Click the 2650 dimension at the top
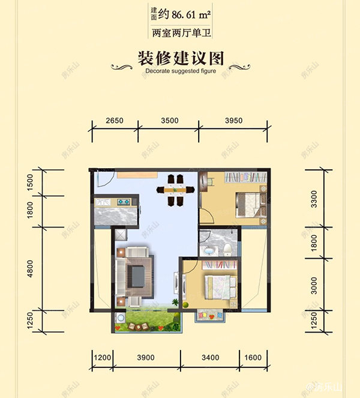click(114, 121)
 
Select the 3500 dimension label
click(170, 121)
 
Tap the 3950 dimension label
click(233, 121)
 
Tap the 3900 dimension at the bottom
click(145, 358)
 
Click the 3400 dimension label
click(210, 358)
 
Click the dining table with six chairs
click(175, 190)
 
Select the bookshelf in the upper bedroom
click(245, 178)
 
